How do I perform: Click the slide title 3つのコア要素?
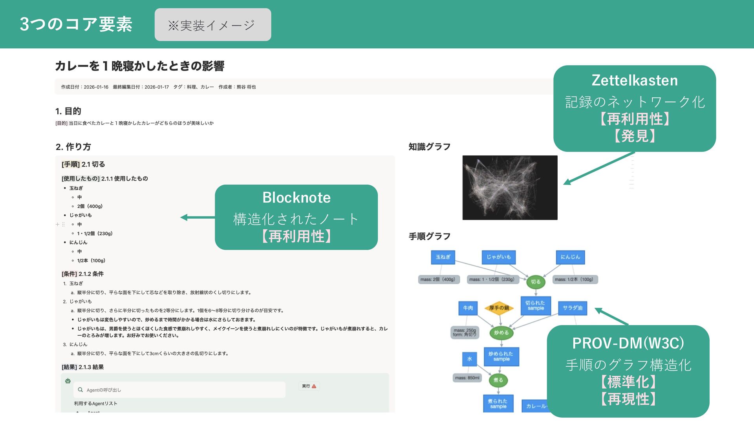[x=76, y=24]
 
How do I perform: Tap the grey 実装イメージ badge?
[x=212, y=25]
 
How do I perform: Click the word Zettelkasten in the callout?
[x=634, y=80]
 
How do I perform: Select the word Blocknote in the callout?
[x=296, y=197]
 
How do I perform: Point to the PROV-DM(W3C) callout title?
[x=628, y=343]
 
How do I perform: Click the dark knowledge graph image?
[x=509, y=188]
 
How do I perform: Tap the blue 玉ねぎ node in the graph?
[x=443, y=257]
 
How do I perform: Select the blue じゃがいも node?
[x=498, y=257]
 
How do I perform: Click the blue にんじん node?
[x=570, y=257]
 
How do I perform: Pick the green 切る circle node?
[x=536, y=282]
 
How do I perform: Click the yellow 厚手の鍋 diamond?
[x=499, y=308]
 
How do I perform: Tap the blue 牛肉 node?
[x=468, y=308]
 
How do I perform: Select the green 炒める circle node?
[x=501, y=333]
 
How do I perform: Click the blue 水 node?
[x=469, y=359]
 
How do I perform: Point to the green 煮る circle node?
[x=498, y=380]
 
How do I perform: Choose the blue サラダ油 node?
[x=572, y=308]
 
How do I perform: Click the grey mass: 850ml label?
[x=467, y=378]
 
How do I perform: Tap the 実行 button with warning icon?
[x=309, y=386]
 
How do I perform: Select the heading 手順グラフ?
[x=429, y=236]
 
